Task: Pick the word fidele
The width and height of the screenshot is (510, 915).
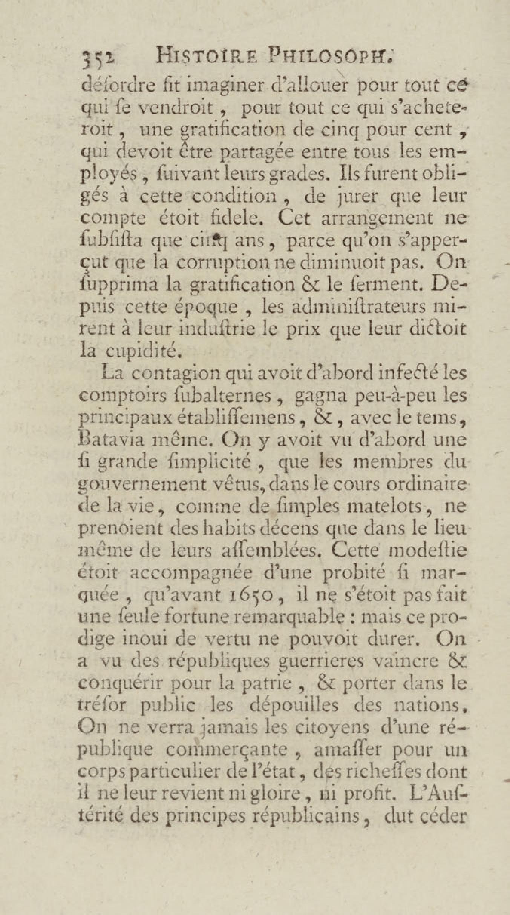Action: click(234, 218)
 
